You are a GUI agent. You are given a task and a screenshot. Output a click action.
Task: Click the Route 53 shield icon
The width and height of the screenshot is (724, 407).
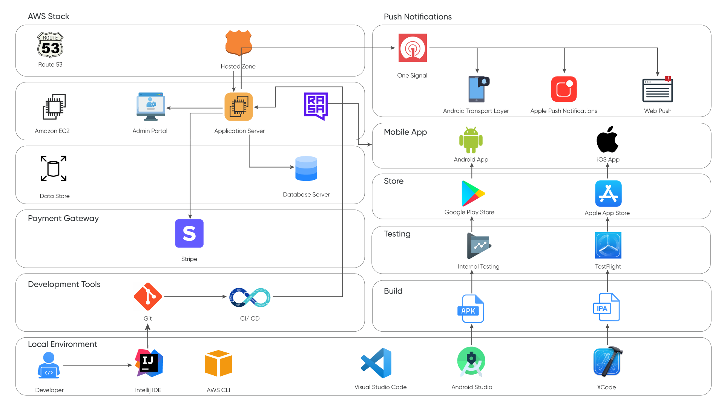50,45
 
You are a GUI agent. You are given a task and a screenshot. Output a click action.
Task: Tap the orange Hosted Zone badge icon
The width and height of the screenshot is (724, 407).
238,43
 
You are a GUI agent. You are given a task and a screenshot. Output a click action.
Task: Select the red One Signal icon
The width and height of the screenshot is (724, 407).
413,48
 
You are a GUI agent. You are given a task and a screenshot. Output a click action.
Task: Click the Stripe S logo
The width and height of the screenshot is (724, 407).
189,234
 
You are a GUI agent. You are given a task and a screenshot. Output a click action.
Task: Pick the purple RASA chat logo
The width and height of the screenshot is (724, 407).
316,106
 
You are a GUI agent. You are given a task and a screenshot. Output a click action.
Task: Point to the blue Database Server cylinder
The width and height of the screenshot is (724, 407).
306,168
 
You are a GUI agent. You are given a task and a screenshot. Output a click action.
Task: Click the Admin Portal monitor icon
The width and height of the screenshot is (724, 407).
150,106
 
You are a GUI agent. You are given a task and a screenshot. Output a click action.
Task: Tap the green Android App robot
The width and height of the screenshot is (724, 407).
471,140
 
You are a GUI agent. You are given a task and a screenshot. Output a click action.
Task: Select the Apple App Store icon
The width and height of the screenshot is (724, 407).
608,193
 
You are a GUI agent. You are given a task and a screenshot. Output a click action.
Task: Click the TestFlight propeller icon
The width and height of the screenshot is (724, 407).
608,246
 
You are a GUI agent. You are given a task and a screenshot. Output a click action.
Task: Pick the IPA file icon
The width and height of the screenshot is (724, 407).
606,308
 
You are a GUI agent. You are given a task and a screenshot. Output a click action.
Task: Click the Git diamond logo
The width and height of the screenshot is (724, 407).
147,297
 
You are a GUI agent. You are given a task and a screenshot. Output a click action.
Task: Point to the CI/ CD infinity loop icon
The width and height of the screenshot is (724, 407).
250,297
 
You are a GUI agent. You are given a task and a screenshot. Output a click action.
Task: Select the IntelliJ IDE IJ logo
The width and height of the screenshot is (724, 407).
149,363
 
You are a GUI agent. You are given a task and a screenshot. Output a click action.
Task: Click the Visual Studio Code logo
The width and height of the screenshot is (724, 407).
377,363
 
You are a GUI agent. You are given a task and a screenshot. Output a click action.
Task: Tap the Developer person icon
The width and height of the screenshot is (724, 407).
49,365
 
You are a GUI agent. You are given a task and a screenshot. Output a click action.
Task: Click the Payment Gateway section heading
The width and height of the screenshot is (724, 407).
63,219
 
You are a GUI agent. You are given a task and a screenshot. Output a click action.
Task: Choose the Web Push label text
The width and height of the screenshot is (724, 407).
657,111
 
